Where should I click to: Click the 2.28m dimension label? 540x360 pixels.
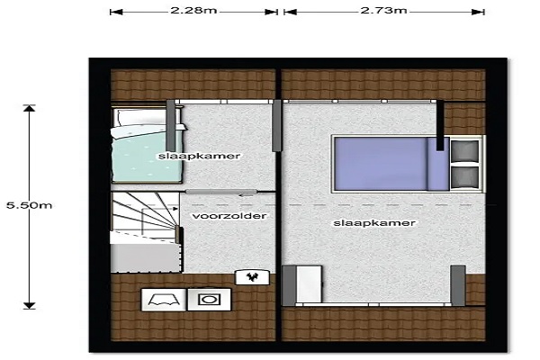click(x=193, y=10)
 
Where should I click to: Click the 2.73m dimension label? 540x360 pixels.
click(x=383, y=10)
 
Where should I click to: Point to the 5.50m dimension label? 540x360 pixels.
click(x=30, y=205)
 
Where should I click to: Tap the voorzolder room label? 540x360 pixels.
click(x=229, y=216)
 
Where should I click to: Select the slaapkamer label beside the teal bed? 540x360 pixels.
click(x=199, y=156)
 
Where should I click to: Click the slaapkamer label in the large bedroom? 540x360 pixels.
click(x=374, y=223)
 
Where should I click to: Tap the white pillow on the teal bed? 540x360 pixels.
click(x=145, y=117)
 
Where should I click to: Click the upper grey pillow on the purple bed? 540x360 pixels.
click(x=464, y=150)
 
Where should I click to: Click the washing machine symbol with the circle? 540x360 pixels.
click(x=209, y=300)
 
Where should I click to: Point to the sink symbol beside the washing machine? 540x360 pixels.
click(x=164, y=300)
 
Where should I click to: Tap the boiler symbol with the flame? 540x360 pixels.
click(x=252, y=277)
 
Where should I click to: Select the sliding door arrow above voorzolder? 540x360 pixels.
click(x=247, y=196)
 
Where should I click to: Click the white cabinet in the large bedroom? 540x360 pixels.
click(x=309, y=284)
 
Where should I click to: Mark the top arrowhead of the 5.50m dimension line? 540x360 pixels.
click(x=30, y=108)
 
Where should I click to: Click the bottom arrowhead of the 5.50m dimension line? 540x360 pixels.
click(x=30, y=306)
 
